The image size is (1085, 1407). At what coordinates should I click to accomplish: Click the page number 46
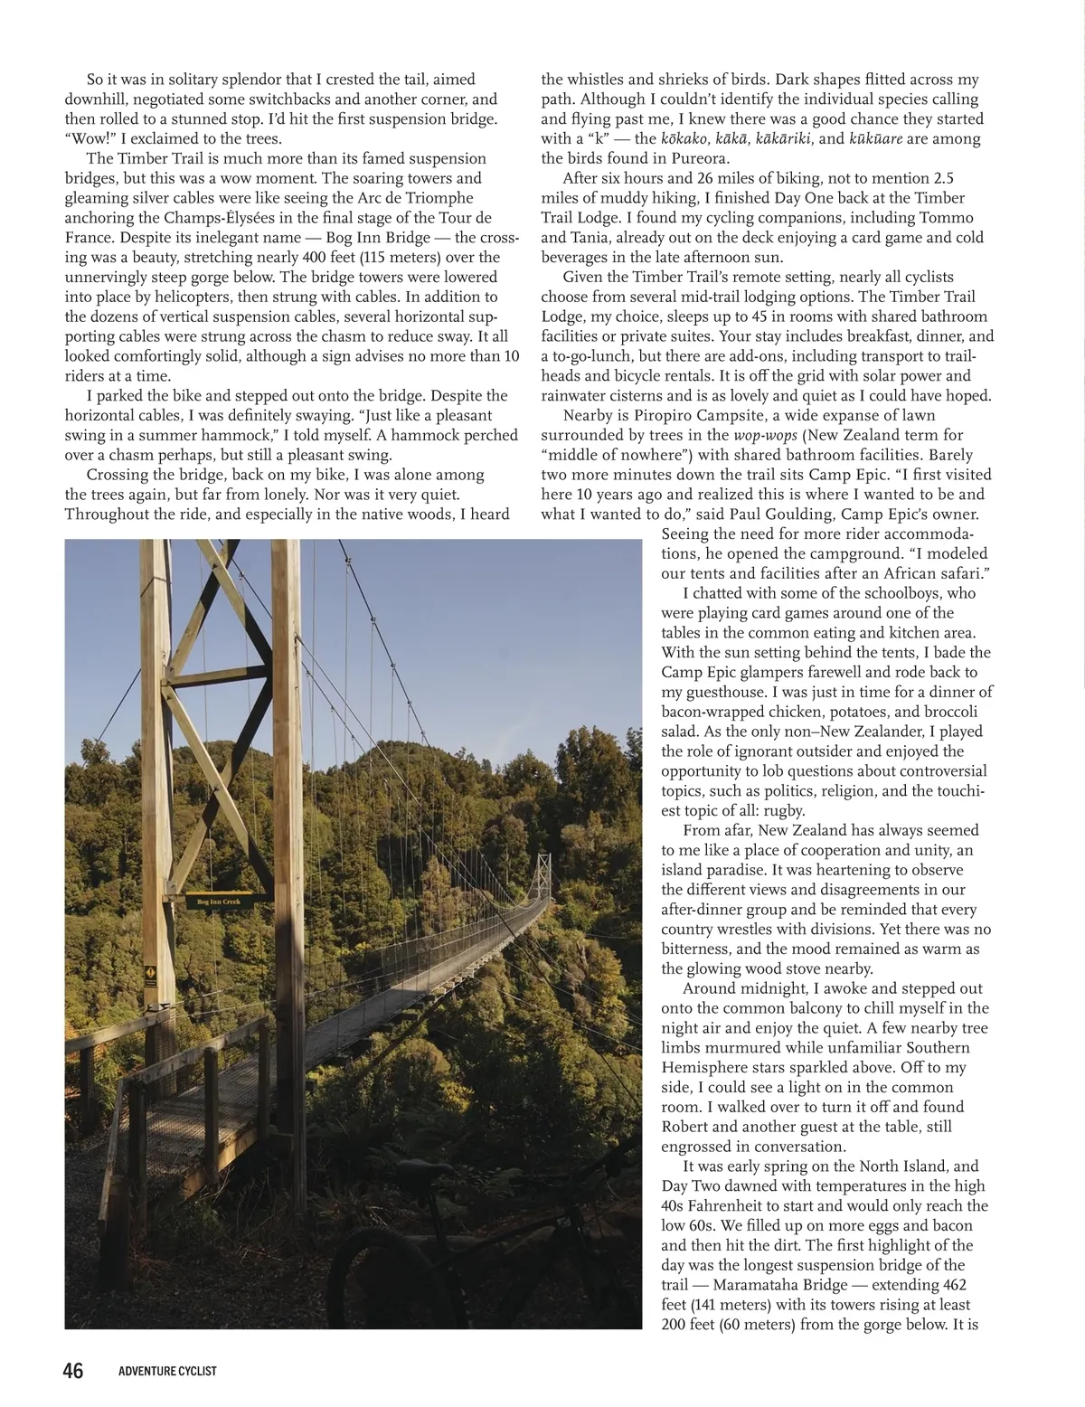click(x=72, y=1371)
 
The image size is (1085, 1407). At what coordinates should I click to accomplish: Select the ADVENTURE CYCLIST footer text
click(x=167, y=1372)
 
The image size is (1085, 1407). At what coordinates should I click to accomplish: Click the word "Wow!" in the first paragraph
click(x=90, y=138)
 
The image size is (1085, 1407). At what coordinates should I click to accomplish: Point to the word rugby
click(x=784, y=810)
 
